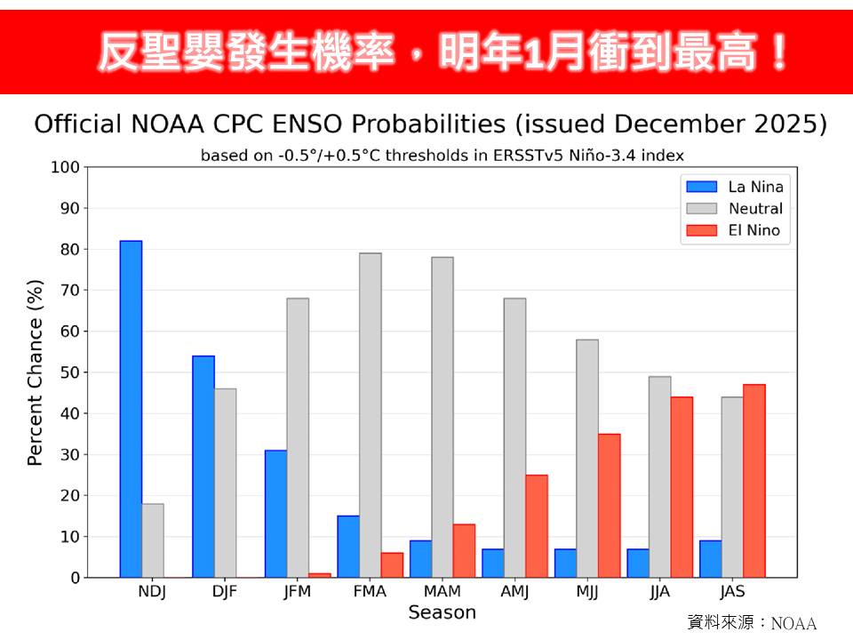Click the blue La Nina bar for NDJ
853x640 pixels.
pyautogui.click(x=131, y=409)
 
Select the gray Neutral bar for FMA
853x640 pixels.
pyautogui.click(x=370, y=415)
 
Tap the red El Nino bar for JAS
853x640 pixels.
pyautogui.click(x=753, y=481)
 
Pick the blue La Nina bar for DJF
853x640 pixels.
pyautogui.click(x=203, y=467)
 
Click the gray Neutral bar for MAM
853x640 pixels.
pyautogui.click(x=442, y=417)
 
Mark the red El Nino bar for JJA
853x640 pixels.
pyautogui.click(x=682, y=487)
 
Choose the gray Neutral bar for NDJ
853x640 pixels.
pyautogui.click(x=153, y=540)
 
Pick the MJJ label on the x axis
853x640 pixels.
pyautogui.click(x=586, y=591)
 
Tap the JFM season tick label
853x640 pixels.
pyautogui.click(x=298, y=591)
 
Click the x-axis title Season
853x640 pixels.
pyautogui.click(x=442, y=612)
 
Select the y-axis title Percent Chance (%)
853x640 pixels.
pyautogui.click(x=36, y=372)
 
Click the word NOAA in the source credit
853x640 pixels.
pyautogui.click(x=793, y=623)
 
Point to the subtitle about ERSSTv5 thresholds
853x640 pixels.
pyautogui.click(x=442, y=155)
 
